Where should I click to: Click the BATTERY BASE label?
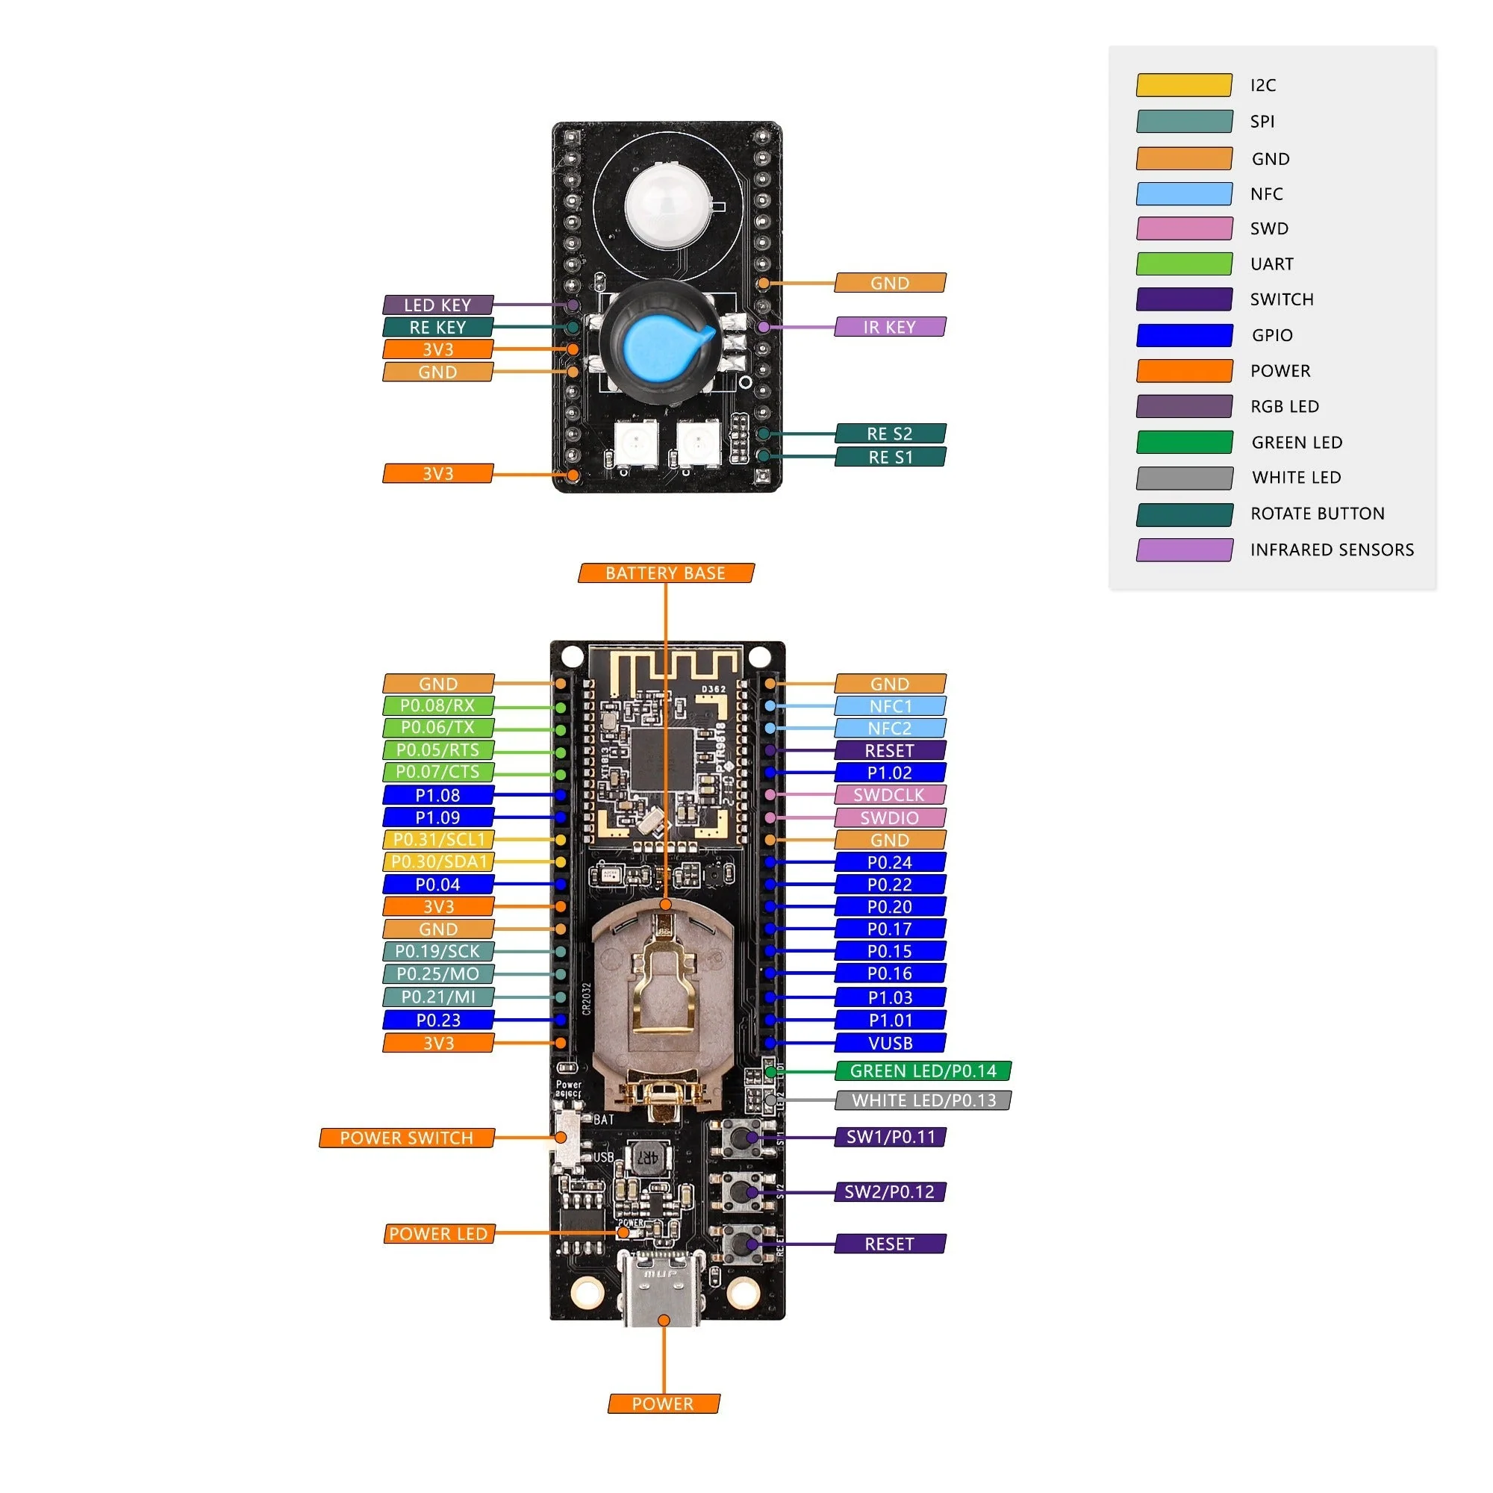pyautogui.click(x=665, y=573)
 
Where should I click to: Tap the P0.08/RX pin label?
pyautogui.click(x=438, y=705)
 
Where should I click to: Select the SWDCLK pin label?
pyautogui.click(x=890, y=794)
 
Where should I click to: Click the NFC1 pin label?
pyautogui.click(x=890, y=705)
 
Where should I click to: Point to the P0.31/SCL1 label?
pyautogui.click(x=438, y=839)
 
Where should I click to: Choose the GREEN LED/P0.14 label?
pyautogui.click(x=923, y=1071)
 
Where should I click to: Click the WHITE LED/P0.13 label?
pyautogui.click(x=923, y=1100)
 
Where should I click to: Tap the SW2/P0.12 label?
pyautogui.click(x=890, y=1191)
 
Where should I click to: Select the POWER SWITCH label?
pyautogui.click(x=407, y=1138)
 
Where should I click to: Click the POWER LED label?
pyautogui.click(x=438, y=1234)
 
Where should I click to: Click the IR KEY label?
pyautogui.click(x=890, y=327)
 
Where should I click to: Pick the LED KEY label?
pyautogui.click(x=438, y=305)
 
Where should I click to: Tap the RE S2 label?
pyautogui.click(x=890, y=434)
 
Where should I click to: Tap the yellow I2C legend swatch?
pyautogui.click(x=1184, y=85)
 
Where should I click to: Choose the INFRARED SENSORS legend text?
pyautogui.click(x=1332, y=550)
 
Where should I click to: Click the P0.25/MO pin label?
pyautogui.click(x=438, y=974)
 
